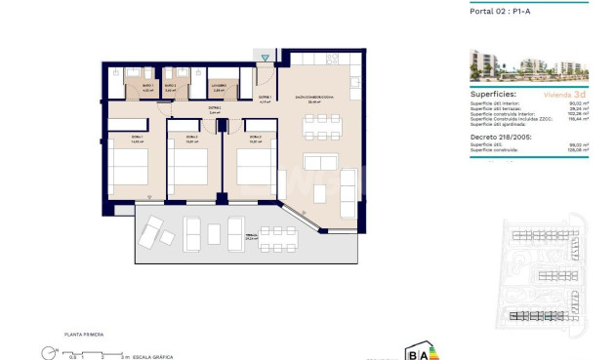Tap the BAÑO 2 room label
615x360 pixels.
170,87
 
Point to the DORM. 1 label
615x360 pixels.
136,138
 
